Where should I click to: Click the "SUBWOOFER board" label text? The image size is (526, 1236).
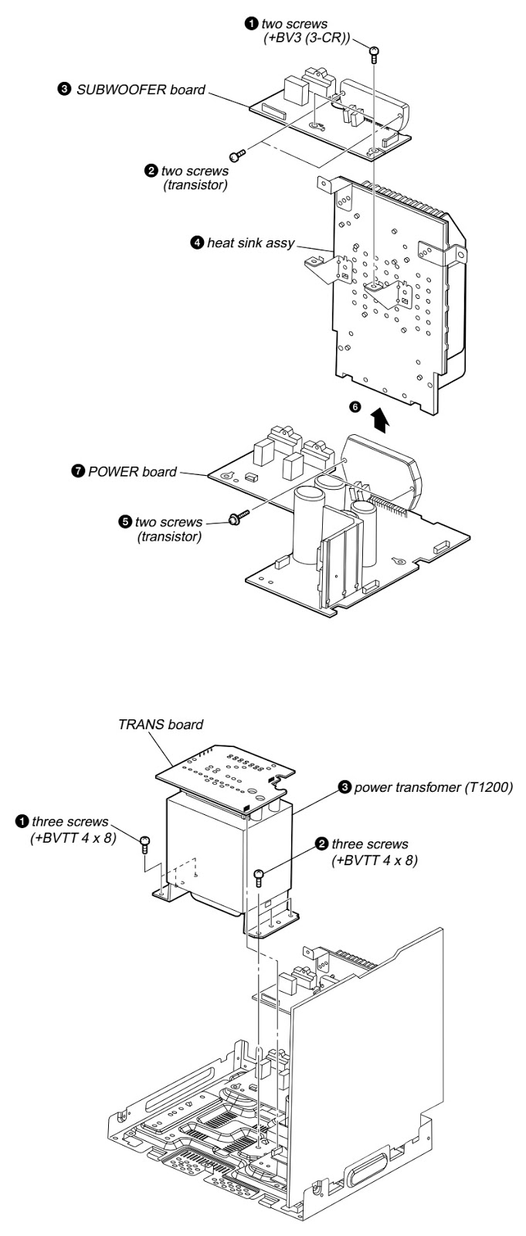(x=141, y=90)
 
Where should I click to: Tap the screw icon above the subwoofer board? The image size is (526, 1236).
(x=374, y=53)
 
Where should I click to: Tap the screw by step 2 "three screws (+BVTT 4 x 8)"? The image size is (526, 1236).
(x=260, y=875)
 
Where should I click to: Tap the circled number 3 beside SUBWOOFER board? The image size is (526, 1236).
(x=63, y=90)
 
